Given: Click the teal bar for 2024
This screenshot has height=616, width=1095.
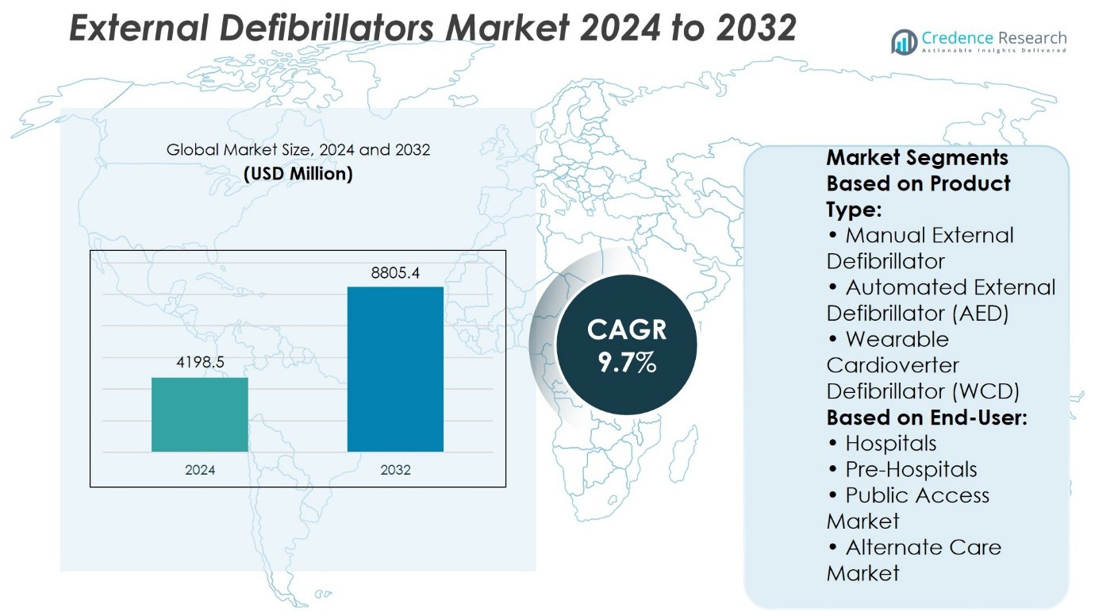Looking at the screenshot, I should pyautogui.click(x=200, y=414).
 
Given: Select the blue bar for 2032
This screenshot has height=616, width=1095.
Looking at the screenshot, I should pyautogui.click(x=395, y=369).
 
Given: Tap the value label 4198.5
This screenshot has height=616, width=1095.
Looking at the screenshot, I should pyautogui.click(x=200, y=363).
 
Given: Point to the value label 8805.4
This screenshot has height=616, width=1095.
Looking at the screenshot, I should pyautogui.click(x=395, y=273).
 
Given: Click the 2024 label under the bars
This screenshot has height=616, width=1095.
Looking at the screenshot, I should pyautogui.click(x=200, y=470).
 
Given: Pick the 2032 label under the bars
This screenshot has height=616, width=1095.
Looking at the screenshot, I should pyautogui.click(x=395, y=470).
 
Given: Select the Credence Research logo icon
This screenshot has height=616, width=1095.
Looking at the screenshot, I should pyautogui.click(x=904, y=41).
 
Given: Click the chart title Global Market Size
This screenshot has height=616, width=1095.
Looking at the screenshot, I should pyautogui.click(x=298, y=149).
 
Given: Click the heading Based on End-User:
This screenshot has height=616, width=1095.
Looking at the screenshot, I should pyautogui.click(x=927, y=417).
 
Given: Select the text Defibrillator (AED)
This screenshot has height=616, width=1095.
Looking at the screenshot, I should pyautogui.click(x=917, y=313).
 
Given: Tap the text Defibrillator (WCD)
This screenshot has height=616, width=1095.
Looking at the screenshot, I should pyautogui.click(x=923, y=391).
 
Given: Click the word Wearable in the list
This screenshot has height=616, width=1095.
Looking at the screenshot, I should pyautogui.click(x=897, y=339).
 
